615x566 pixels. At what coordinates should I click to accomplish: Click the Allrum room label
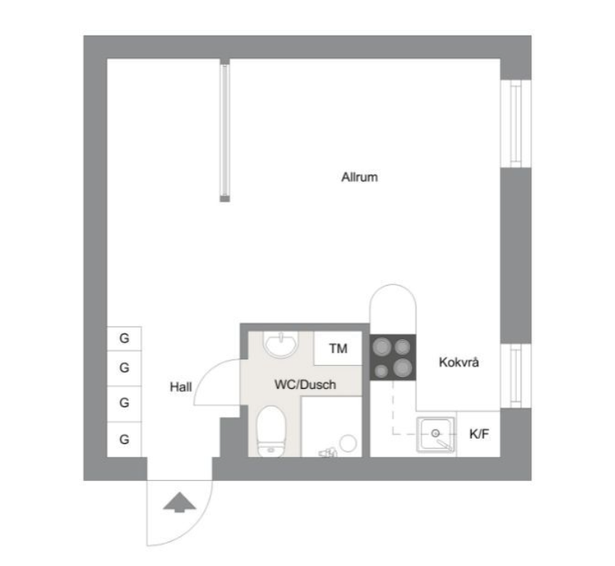(x=360, y=177)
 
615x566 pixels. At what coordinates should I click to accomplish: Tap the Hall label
(x=181, y=387)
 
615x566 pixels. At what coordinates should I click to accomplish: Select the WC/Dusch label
(x=305, y=384)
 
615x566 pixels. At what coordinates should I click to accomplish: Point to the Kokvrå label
(x=459, y=362)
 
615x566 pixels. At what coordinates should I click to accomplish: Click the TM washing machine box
(x=337, y=348)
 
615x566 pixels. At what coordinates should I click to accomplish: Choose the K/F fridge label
(x=479, y=434)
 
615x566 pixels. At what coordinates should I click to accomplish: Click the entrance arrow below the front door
(x=179, y=502)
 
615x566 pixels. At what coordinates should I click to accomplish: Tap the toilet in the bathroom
(x=271, y=432)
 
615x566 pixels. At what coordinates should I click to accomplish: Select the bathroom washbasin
(x=281, y=344)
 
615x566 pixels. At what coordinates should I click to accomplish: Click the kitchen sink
(x=436, y=435)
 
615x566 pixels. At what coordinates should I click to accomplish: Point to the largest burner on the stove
(x=403, y=368)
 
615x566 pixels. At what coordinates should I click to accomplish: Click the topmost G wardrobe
(x=124, y=338)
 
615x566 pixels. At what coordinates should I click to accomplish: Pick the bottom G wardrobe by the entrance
(x=124, y=439)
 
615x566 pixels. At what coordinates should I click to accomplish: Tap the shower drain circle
(x=348, y=443)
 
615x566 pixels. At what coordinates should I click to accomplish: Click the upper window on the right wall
(x=516, y=123)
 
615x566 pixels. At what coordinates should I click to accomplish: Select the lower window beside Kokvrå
(x=516, y=376)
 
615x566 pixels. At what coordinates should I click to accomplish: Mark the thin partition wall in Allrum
(x=225, y=130)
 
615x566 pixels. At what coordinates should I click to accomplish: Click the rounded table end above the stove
(x=393, y=285)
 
